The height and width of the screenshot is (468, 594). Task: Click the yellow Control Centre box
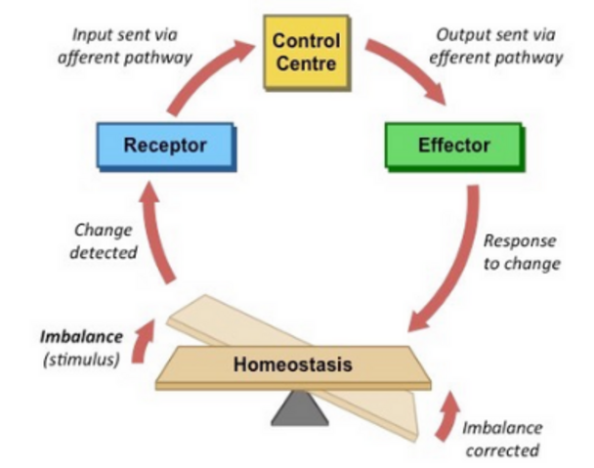point(307,53)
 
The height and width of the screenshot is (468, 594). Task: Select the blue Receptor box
point(166,147)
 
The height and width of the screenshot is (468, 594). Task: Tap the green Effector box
point(454,147)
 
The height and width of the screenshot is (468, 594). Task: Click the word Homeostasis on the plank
point(293,364)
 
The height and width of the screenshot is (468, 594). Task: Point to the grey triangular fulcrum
point(300,408)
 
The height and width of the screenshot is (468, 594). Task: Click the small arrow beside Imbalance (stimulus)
point(143,341)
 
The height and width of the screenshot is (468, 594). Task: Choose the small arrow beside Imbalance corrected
point(447,417)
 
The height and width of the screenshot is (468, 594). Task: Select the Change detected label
point(103,241)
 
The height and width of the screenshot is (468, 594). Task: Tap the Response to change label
point(522,252)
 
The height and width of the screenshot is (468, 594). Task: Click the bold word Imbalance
point(81,337)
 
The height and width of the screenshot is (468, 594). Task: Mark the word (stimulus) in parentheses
point(81,360)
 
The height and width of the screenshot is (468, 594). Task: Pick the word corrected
point(502,450)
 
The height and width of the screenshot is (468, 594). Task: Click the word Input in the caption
point(91,35)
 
